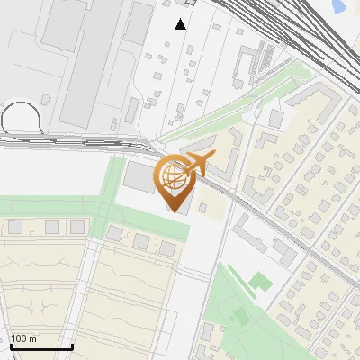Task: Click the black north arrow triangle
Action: (x=181, y=24)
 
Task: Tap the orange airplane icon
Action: (x=200, y=163)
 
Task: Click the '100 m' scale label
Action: (x=24, y=338)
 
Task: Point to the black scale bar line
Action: (x=41, y=347)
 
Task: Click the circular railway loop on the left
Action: (x=21, y=119)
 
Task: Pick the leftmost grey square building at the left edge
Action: (x=15, y=227)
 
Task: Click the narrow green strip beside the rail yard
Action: (x=234, y=103)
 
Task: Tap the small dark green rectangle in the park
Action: (x=240, y=316)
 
